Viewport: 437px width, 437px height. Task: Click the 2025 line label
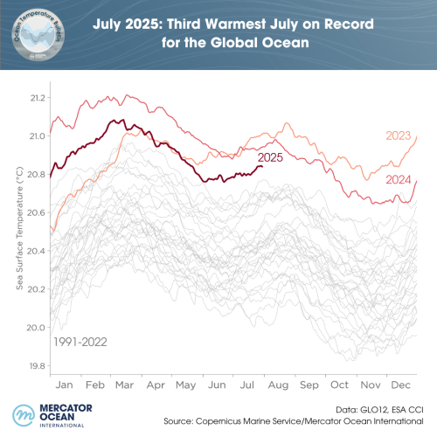(271, 158)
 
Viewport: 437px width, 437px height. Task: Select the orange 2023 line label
(399, 135)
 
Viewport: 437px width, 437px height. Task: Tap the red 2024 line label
(399, 179)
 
